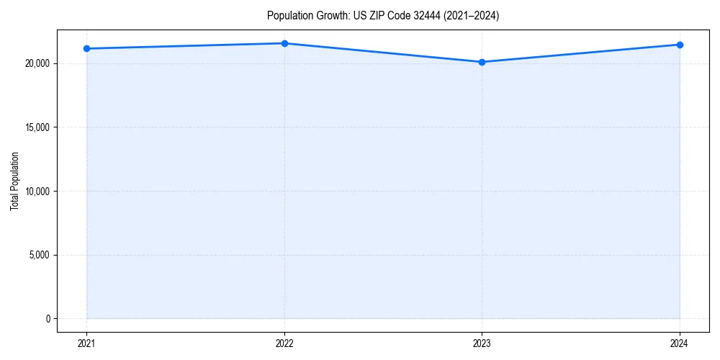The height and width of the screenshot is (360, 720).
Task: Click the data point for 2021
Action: click(86, 48)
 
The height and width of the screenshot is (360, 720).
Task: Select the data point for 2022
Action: click(284, 43)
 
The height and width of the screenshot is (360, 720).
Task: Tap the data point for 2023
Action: click(482, 62)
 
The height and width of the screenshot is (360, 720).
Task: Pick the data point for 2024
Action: click(680, 45)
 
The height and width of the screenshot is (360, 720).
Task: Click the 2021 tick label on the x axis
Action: click(86, 343)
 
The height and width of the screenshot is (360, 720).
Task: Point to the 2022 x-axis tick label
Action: click(284, 343)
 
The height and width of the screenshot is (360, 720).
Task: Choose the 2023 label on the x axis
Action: click(482, 343)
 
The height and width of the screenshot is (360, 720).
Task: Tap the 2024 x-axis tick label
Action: click(680, 343)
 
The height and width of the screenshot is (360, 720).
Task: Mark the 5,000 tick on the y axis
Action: click(40, 255)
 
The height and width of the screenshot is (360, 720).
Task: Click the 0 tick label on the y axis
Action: click(48, 319)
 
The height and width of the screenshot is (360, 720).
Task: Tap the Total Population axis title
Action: click(14, 181)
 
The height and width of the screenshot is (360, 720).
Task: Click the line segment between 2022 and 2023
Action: click(383, 53)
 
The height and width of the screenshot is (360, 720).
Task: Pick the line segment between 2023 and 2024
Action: click(580, 53)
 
